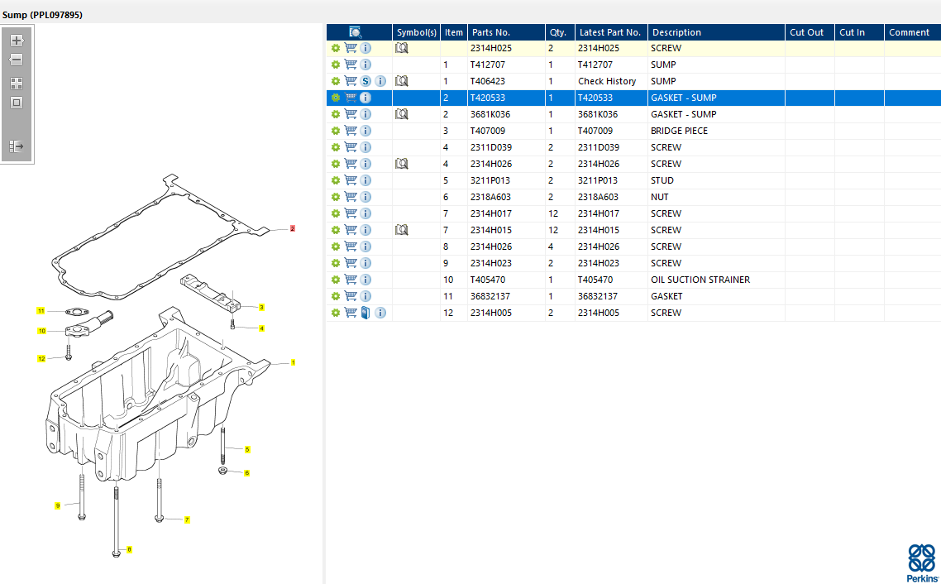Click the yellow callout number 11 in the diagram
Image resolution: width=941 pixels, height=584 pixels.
coord(40,311)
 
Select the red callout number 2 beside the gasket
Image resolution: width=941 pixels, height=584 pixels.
coord(292,228)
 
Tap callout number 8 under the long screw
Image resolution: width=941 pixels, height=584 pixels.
coord(129,549)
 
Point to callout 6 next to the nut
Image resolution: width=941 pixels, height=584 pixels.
coord(246,473)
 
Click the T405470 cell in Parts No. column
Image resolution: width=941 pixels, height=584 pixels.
coord(487,280)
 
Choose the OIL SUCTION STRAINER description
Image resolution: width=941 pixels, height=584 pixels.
coord(700,280)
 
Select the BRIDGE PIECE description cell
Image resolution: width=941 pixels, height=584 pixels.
coord(679,131)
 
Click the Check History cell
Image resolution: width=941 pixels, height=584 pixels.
coord(607,81)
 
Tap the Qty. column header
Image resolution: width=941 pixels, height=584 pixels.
coord(558,32)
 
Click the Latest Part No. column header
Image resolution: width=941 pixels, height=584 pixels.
coord(609,32)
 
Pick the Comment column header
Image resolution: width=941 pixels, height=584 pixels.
coord(909,32)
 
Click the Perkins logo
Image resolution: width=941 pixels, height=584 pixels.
coord(922,562)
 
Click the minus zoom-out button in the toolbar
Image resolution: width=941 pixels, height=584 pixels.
coord(17,60)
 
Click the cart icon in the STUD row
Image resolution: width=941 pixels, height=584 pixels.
coord(351,180)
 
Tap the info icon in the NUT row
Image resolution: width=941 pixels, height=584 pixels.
coord(365,197)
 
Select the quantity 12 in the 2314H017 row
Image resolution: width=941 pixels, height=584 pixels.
coord(553,213)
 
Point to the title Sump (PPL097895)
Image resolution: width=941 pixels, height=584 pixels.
coord(42,15)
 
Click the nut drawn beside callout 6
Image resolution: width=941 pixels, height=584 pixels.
coord(222,471)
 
